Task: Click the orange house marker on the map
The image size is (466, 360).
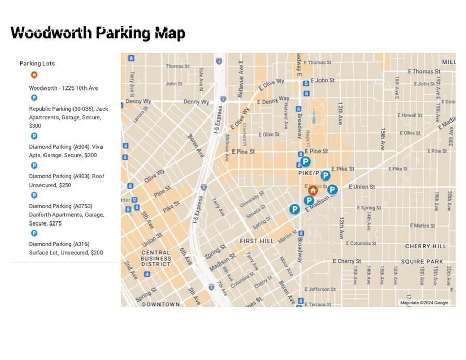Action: click(313, 190)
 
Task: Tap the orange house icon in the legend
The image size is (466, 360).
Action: click(34, 74)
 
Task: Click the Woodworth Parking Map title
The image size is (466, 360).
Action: click(98, 33)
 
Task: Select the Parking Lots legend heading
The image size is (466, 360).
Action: click(37, 63)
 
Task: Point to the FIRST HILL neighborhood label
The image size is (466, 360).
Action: click(257, 241)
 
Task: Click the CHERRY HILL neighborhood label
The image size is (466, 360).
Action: click(425, 246)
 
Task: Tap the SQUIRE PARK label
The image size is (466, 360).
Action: click(422, 262)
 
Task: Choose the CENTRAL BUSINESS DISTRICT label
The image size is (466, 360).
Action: click(156, 258)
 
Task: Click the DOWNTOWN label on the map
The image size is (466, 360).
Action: click(161, 304)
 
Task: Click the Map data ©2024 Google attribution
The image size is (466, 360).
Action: click(424, 303)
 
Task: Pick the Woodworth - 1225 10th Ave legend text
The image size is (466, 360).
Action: click(63, 88)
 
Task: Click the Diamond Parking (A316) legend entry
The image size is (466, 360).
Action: click(66, 248)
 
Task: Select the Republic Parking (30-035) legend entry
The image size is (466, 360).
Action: click(68, 117)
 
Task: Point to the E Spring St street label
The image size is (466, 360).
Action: click(369, 208)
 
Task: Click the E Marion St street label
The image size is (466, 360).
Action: click(423, 226)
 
